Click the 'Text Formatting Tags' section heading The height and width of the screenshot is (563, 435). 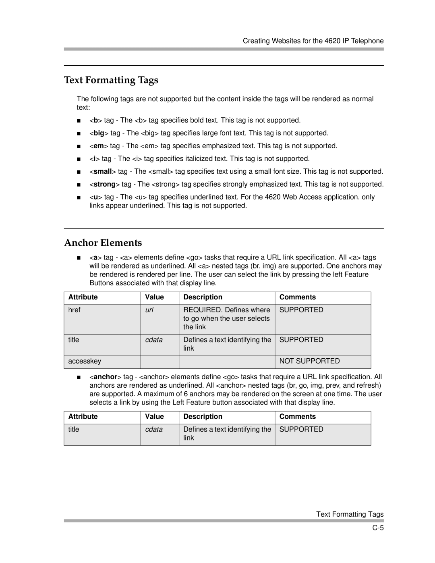point(111,80)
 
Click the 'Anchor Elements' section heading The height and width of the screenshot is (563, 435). point(103,243)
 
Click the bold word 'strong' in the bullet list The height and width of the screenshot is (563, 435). point(104,184)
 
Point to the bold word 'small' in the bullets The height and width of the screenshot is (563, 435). point(103,171)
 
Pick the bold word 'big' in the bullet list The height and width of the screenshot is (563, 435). point(99,133)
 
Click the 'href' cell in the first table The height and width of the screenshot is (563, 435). point(74,310)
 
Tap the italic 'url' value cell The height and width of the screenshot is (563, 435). point(149,310)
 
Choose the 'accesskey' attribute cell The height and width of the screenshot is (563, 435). point(85,361)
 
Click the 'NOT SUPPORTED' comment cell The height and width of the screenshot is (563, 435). point(309,361)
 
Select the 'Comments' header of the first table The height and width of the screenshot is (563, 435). point(298,297)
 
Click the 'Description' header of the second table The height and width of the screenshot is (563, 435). point(203,416)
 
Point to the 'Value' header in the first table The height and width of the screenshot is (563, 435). point(155,297)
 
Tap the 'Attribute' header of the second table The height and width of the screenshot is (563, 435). point(83,416)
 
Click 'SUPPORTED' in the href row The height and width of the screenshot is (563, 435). point(301,310)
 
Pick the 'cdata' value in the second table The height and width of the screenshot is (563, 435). point(154,429)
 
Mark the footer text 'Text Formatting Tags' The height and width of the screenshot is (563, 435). point(350,514)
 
